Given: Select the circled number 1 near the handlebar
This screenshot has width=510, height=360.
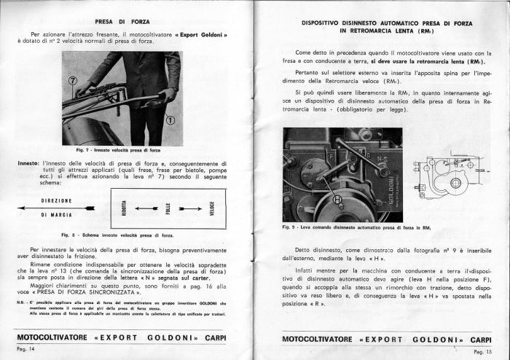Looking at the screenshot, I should (170, 119).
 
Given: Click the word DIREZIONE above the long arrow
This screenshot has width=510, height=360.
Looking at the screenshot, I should (55, 199).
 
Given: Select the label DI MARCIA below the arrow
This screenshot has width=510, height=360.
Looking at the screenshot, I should (55, 215).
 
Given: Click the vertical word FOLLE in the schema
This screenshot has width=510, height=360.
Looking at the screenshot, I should (170, 208).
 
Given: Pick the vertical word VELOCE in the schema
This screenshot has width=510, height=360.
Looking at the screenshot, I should (211, 208).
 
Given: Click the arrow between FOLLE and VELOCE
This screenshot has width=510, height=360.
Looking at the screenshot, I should (191, 208).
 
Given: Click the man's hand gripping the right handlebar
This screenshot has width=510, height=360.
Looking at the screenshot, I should (169, 95).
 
